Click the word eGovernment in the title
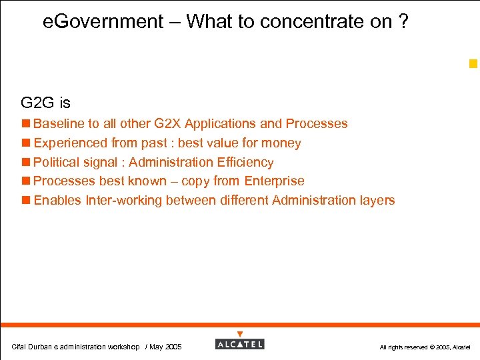pos(103,22)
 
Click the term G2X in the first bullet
pos(167,124)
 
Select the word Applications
pos(220,124)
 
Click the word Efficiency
pos(245,162)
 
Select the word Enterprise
pos(274,181)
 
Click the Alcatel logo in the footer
pos(239,344)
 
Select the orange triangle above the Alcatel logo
pos(240,334)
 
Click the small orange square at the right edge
pos(473,64)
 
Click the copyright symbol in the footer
pos(432,347)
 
